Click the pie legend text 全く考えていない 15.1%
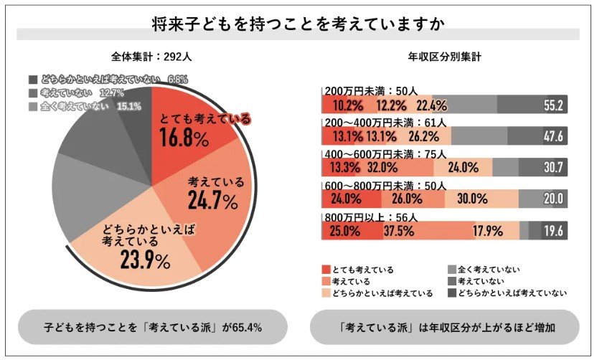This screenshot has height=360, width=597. tap(83, 106)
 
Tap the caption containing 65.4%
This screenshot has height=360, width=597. tap(153, 328)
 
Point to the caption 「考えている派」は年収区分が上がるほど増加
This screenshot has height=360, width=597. tap(444, 328)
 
